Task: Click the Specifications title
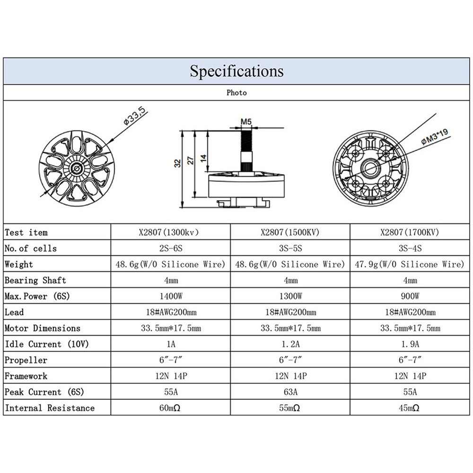(236, 71)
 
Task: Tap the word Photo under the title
(236, 93)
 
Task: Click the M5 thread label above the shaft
(246, 122)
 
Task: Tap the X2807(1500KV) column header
(290, 232)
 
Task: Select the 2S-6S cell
(170, 248)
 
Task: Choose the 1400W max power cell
(170, 297)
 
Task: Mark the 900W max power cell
(410, 297)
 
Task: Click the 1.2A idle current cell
(290, 344)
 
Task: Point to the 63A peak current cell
(290, 392)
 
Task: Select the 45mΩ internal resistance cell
(410, 408)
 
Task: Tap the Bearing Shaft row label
(35, 280)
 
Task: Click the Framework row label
(26, 376)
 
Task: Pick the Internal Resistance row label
(50, 408)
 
